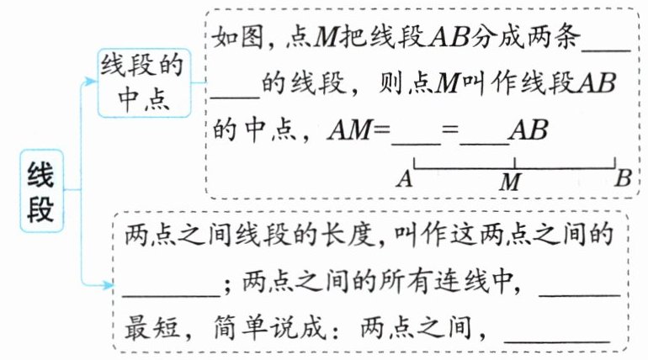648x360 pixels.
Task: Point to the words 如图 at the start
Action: tap(229, 38)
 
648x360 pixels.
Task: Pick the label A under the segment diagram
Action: tap(403, 178)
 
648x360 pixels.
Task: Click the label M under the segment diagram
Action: tap(510, 181)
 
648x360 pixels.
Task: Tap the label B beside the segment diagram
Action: tap(624, 177)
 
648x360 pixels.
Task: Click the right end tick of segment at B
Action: tap(614, 163)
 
